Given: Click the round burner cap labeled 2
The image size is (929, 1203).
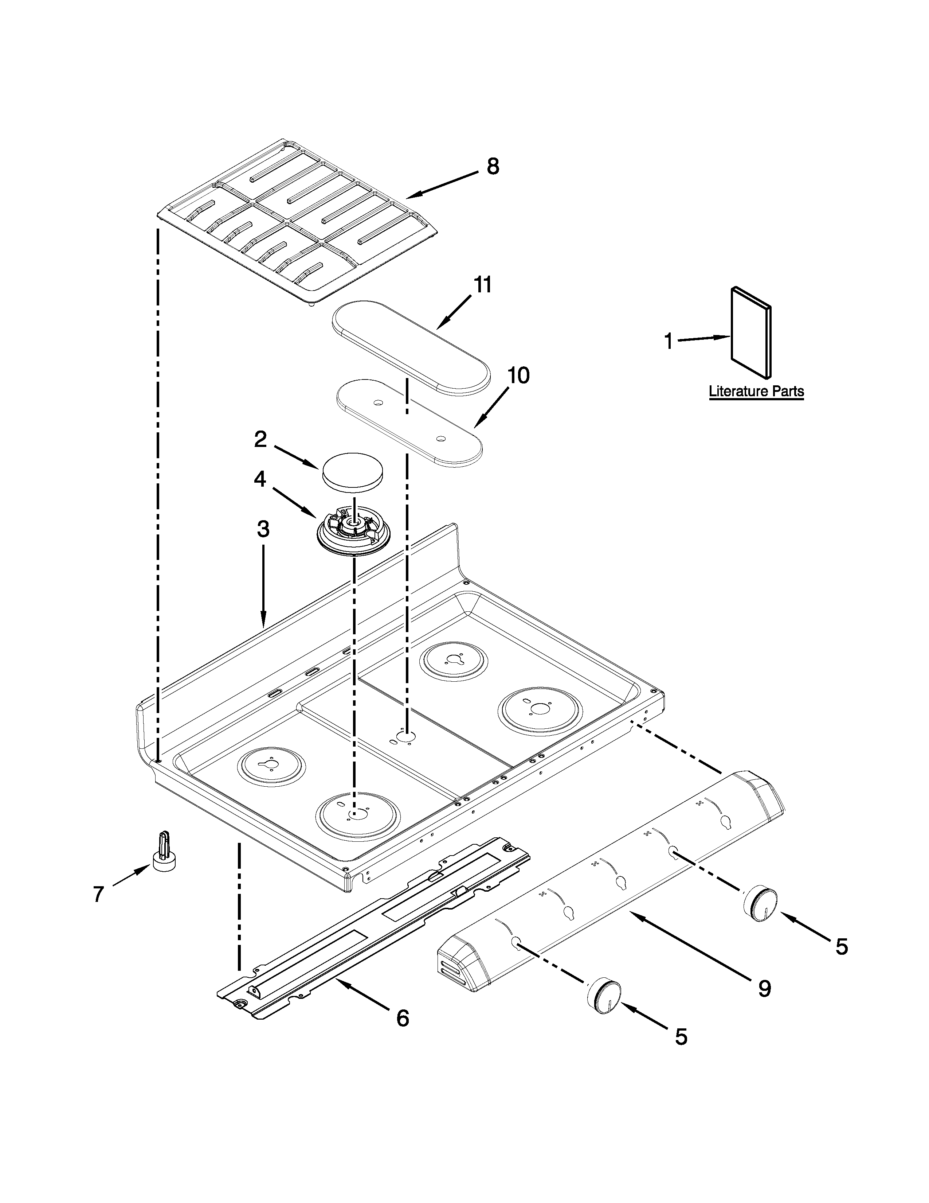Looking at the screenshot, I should click(x=353, y=471).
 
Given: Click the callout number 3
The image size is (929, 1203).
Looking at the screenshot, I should click(x=263, y=529).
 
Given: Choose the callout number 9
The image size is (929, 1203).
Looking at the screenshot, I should click(x=764, y=989).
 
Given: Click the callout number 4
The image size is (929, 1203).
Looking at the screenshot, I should click(x=260, y=479).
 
